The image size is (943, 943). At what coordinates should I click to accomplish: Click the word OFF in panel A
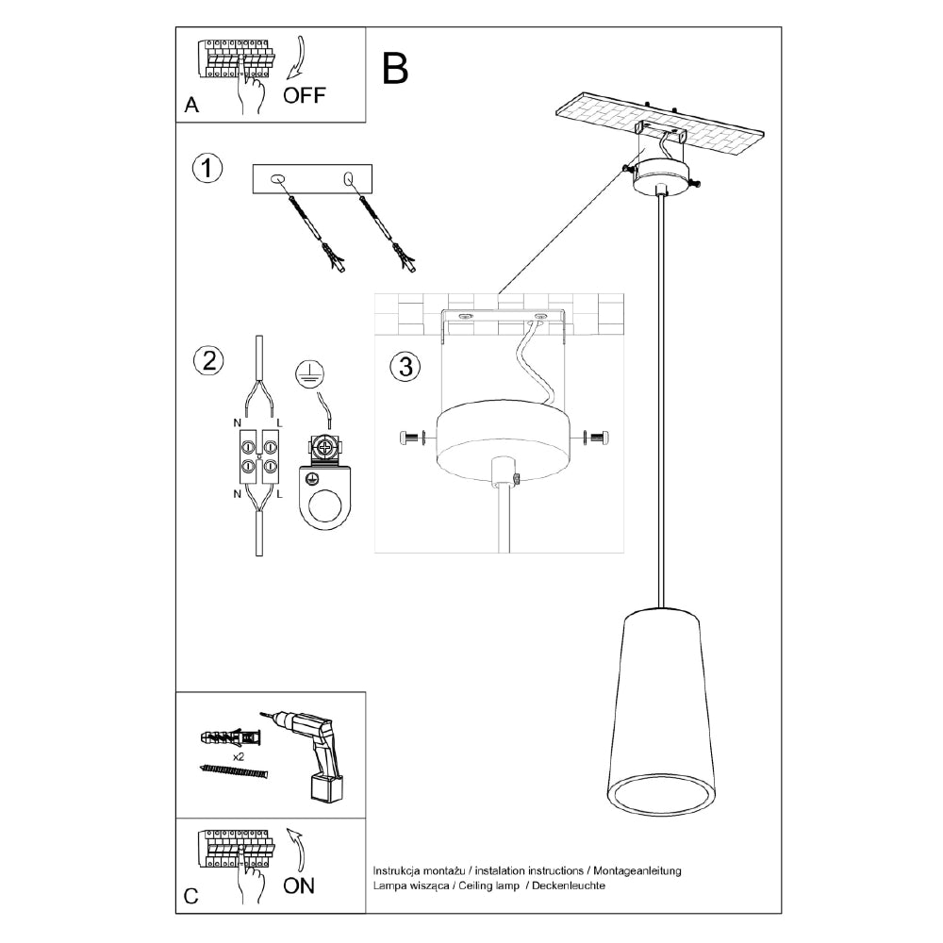point(305,94)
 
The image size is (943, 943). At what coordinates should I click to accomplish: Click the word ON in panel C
point(299,885)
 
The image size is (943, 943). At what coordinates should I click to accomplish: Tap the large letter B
point(394,68)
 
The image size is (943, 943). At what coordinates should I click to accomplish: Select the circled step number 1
point(207,169)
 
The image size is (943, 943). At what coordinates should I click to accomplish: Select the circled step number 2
point(207,359)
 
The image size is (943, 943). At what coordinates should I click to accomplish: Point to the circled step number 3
point(405,367)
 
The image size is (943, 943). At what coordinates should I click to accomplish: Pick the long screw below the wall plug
point(235,772)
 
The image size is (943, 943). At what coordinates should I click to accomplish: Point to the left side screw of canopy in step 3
point(412,438)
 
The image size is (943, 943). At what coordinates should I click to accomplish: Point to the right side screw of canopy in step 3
point(597,438)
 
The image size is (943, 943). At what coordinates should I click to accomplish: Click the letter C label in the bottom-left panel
point(191,897)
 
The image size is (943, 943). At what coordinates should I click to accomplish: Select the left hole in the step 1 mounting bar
point(277,178)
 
